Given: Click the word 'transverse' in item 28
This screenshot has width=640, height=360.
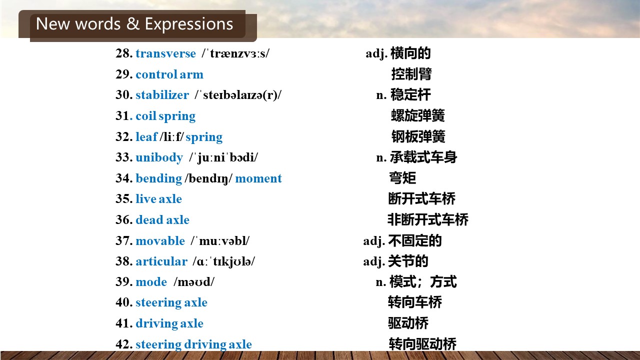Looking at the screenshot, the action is (x=165, y=53).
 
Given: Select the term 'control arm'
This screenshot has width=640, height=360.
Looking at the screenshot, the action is (x=169, y=74).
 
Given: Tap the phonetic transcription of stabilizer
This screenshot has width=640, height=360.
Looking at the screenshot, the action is (x=238, y=95).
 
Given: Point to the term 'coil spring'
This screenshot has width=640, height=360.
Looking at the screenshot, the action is (x=165, y=116).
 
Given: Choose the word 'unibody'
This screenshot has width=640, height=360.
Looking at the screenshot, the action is (x=159, y=157).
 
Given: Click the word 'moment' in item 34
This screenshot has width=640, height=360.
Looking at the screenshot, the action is (x=258, y=178).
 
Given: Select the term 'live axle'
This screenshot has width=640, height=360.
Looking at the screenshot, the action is (x=158, y=199).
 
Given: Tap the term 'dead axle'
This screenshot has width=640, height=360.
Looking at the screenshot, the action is (x=162, y=219).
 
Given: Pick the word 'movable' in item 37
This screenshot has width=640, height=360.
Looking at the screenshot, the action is (x=160, y=241).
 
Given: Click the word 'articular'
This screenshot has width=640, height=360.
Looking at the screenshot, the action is (x=161, y=261).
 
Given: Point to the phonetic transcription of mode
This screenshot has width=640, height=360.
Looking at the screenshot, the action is (x=194, y=282).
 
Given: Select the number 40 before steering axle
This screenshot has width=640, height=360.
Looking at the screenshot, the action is (x=124, y=302).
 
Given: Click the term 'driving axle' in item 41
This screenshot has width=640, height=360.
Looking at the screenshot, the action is (x=169, y=323).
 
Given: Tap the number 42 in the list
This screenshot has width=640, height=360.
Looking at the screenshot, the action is (x=124, y=344).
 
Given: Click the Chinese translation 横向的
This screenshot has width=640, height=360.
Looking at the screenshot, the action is (x=410, y=53).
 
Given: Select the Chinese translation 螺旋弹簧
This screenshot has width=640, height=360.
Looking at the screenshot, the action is (x=417, y=115).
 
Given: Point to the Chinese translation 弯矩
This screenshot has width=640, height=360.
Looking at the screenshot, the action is (x=402, y=178).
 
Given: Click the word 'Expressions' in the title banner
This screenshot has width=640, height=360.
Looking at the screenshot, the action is (x=189, y=24).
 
